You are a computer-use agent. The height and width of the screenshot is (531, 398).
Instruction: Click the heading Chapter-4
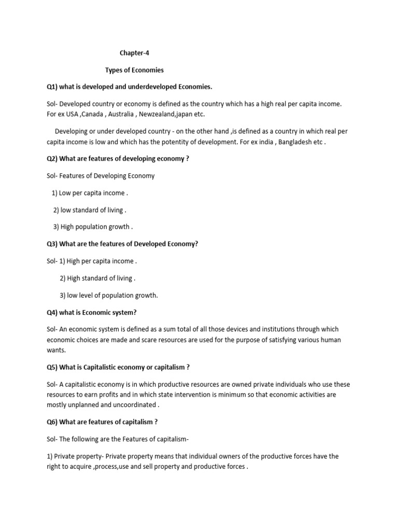tap(134, 53)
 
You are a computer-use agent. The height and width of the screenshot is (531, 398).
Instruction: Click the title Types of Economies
tap(134, 69)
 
